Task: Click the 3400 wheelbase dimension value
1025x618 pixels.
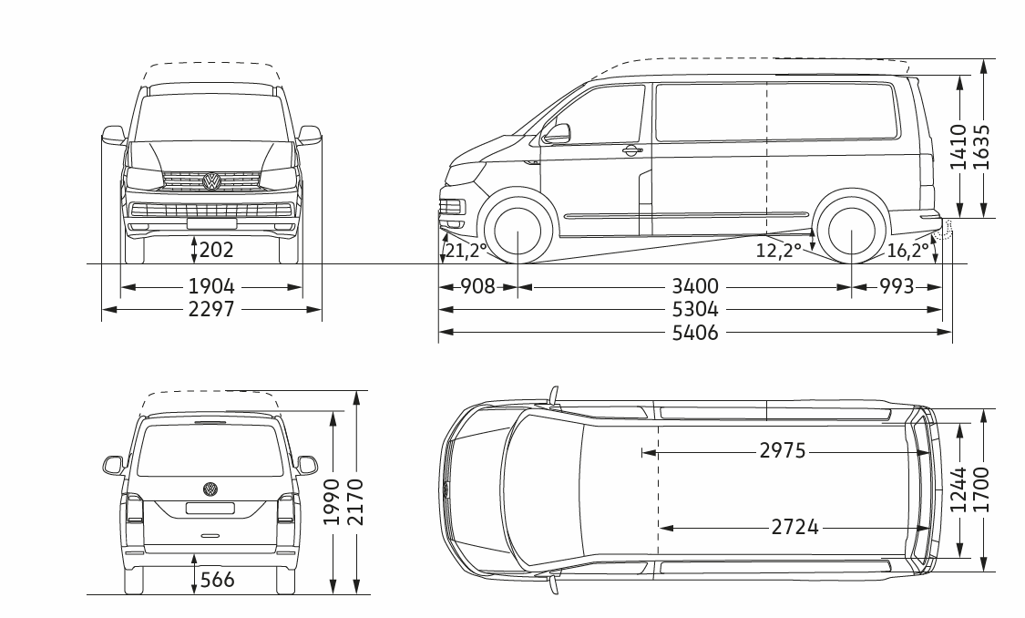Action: (x=695, y=286)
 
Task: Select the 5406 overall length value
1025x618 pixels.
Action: (x=695, y=333)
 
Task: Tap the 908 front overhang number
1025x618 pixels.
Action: (x=477, y=286)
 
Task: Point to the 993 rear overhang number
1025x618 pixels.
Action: (x=897, y=286)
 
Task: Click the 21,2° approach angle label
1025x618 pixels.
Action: (x=466, y=251)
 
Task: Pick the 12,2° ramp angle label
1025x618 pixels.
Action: (x=779, y=251)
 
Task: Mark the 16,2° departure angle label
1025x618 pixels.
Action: (x=908, y=251)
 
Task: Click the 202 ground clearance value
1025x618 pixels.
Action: (x=216, y=249)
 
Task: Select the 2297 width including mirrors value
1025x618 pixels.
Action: (x=211, y=309)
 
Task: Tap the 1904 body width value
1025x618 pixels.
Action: (x=211, y=286)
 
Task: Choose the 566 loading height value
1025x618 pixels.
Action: (x=217, y=580)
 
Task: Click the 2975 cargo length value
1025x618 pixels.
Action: (x=783, y=451)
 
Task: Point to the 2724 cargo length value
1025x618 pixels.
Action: (x=794, y=527)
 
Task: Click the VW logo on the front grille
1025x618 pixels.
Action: (x=211, y=181)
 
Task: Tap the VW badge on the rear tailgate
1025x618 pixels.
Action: (x=210, y=489)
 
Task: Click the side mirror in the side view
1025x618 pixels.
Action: (x=556, y=134)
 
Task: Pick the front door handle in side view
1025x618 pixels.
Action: (x=630, y=150)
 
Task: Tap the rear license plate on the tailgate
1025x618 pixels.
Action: (x=210, y=508)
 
